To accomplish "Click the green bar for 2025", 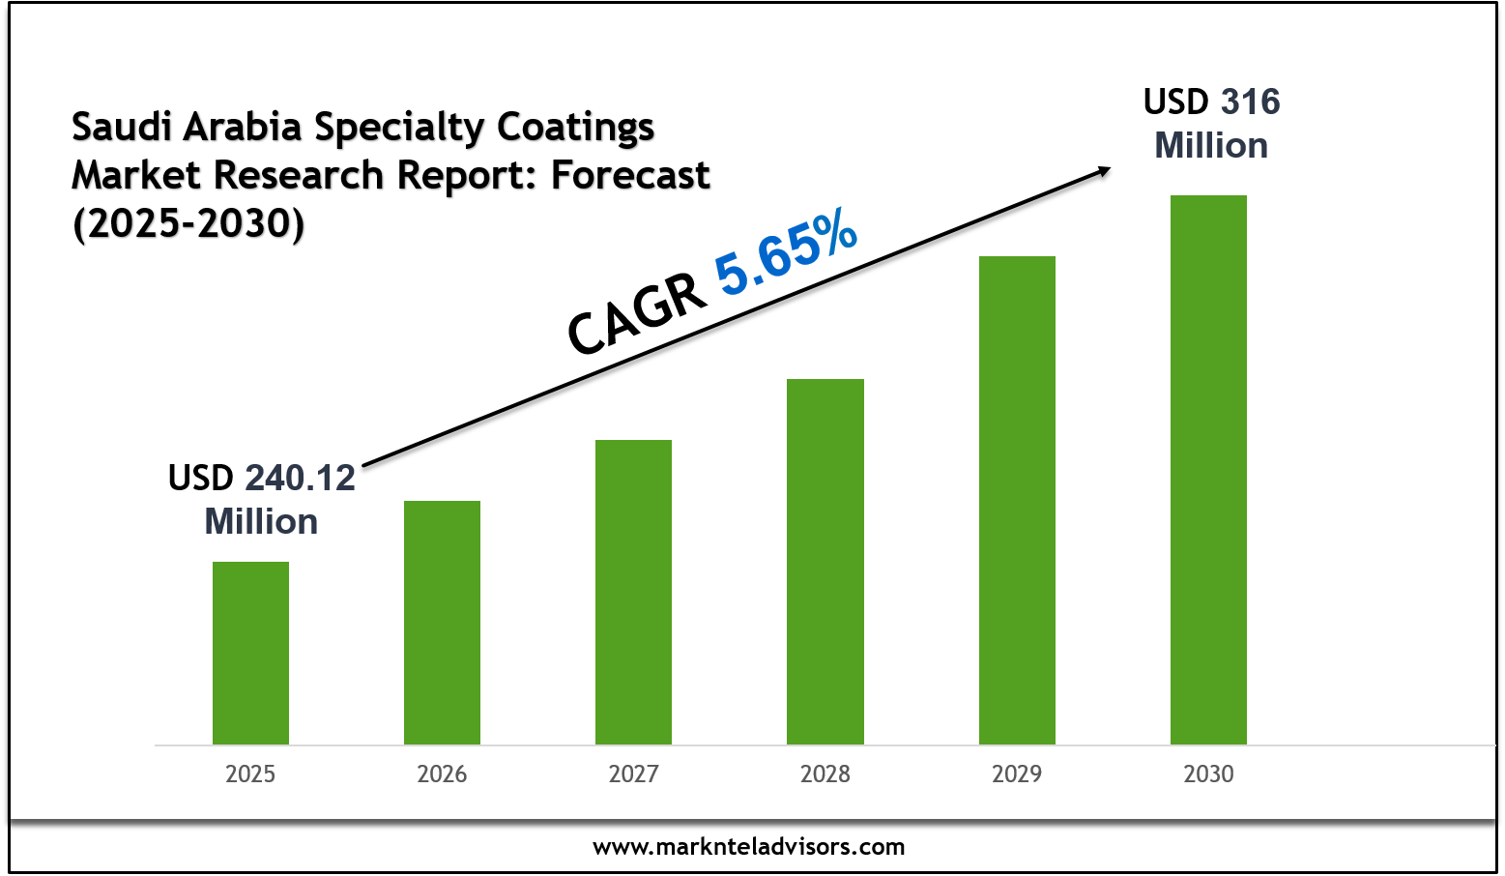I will click(250, 653).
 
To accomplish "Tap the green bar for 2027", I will click(633, 592).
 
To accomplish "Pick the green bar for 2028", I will click(825, 561).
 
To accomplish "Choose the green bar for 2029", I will click(1017, 500).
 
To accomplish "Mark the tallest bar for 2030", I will click(1208, 469).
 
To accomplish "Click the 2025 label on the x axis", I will click(250, 774).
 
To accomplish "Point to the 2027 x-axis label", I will click(633, 774).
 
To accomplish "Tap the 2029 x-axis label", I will click(1017, 774).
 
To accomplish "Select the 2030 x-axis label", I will click(1208, 774).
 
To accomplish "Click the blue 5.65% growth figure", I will click(786, 254).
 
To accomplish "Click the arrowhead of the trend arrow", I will click(1102, 171).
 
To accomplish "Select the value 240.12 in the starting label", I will click(300, 479).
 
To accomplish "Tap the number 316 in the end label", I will click(1250, 102).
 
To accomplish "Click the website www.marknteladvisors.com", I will click(749, 848).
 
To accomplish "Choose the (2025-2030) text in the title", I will click(188, 223).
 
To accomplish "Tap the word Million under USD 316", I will click(1211, 146).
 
